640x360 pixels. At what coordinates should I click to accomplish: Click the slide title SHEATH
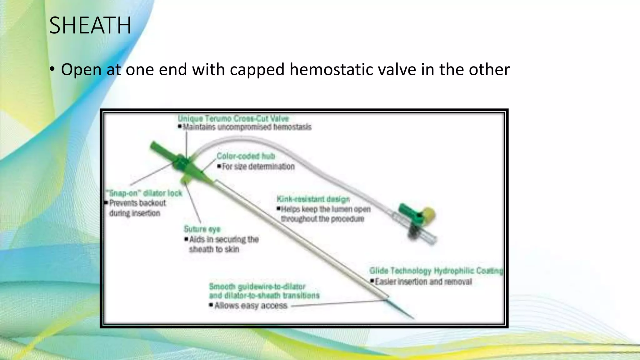click(x=90, y=26)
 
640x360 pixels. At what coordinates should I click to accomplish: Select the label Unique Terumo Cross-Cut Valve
click(x=233, y=119)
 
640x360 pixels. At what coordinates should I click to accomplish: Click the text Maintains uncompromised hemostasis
click(x=247, y=127)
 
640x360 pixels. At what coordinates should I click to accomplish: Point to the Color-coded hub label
click(x=246, y=156)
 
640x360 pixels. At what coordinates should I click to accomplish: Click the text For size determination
click(x=258, y=167)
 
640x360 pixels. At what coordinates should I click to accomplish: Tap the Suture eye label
click(x=202, y=229)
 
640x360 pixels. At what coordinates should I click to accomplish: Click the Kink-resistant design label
click(x=313, y=199)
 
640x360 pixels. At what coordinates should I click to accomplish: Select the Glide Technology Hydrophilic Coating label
click(x=436, y=271)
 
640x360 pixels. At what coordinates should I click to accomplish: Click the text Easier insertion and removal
click(x=423, y=282)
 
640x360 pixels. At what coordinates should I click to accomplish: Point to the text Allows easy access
click(x=251, y=305)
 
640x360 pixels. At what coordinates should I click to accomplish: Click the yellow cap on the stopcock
click(x=429, y=214)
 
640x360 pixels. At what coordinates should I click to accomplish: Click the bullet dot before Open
click(x=52, y=69)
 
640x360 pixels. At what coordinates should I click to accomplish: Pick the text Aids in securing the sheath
click(x=224, y=240)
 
